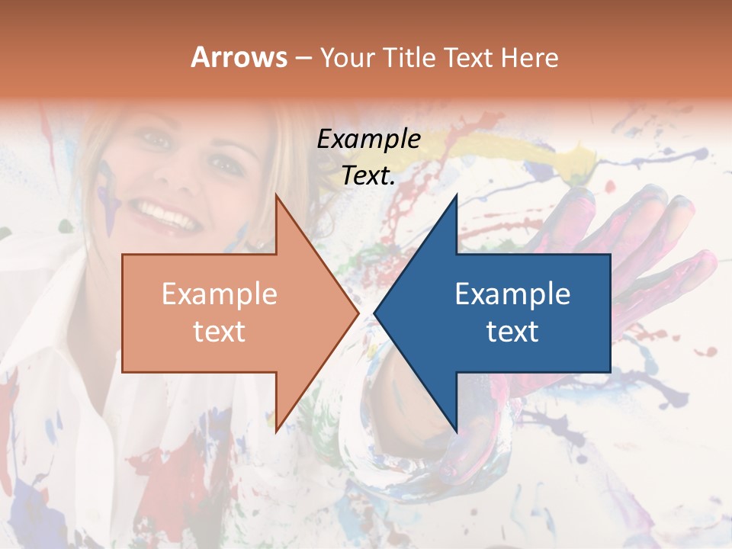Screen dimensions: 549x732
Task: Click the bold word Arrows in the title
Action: pos(239,57)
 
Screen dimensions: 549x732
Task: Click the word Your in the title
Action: pos(345,58)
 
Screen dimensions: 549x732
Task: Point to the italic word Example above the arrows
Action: pos(368,140)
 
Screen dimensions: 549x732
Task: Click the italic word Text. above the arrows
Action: pos(368,176)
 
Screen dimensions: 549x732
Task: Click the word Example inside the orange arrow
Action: pos(219,294)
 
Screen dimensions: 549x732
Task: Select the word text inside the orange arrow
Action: pos(219,332)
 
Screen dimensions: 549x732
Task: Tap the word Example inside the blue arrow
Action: pos(512,294)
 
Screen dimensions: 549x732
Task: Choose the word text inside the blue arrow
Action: pos(512,332)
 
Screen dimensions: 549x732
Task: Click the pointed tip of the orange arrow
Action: pos(357,313)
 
